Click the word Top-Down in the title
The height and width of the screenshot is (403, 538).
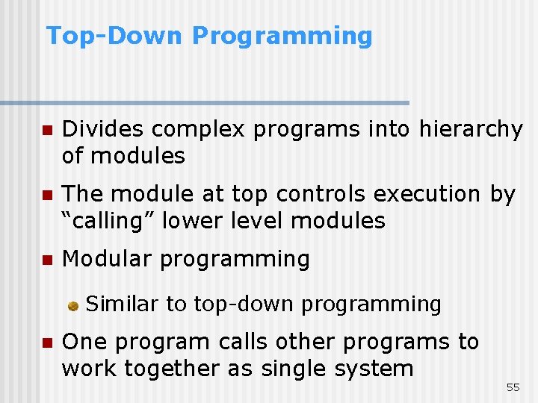point(114,36)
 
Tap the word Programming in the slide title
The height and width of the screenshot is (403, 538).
point(282,37)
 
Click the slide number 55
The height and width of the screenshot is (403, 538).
point(513,387)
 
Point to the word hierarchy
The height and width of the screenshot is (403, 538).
point(471,130)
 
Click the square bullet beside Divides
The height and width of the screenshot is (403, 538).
point(46,131)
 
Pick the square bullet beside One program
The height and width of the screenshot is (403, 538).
point(46,343)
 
